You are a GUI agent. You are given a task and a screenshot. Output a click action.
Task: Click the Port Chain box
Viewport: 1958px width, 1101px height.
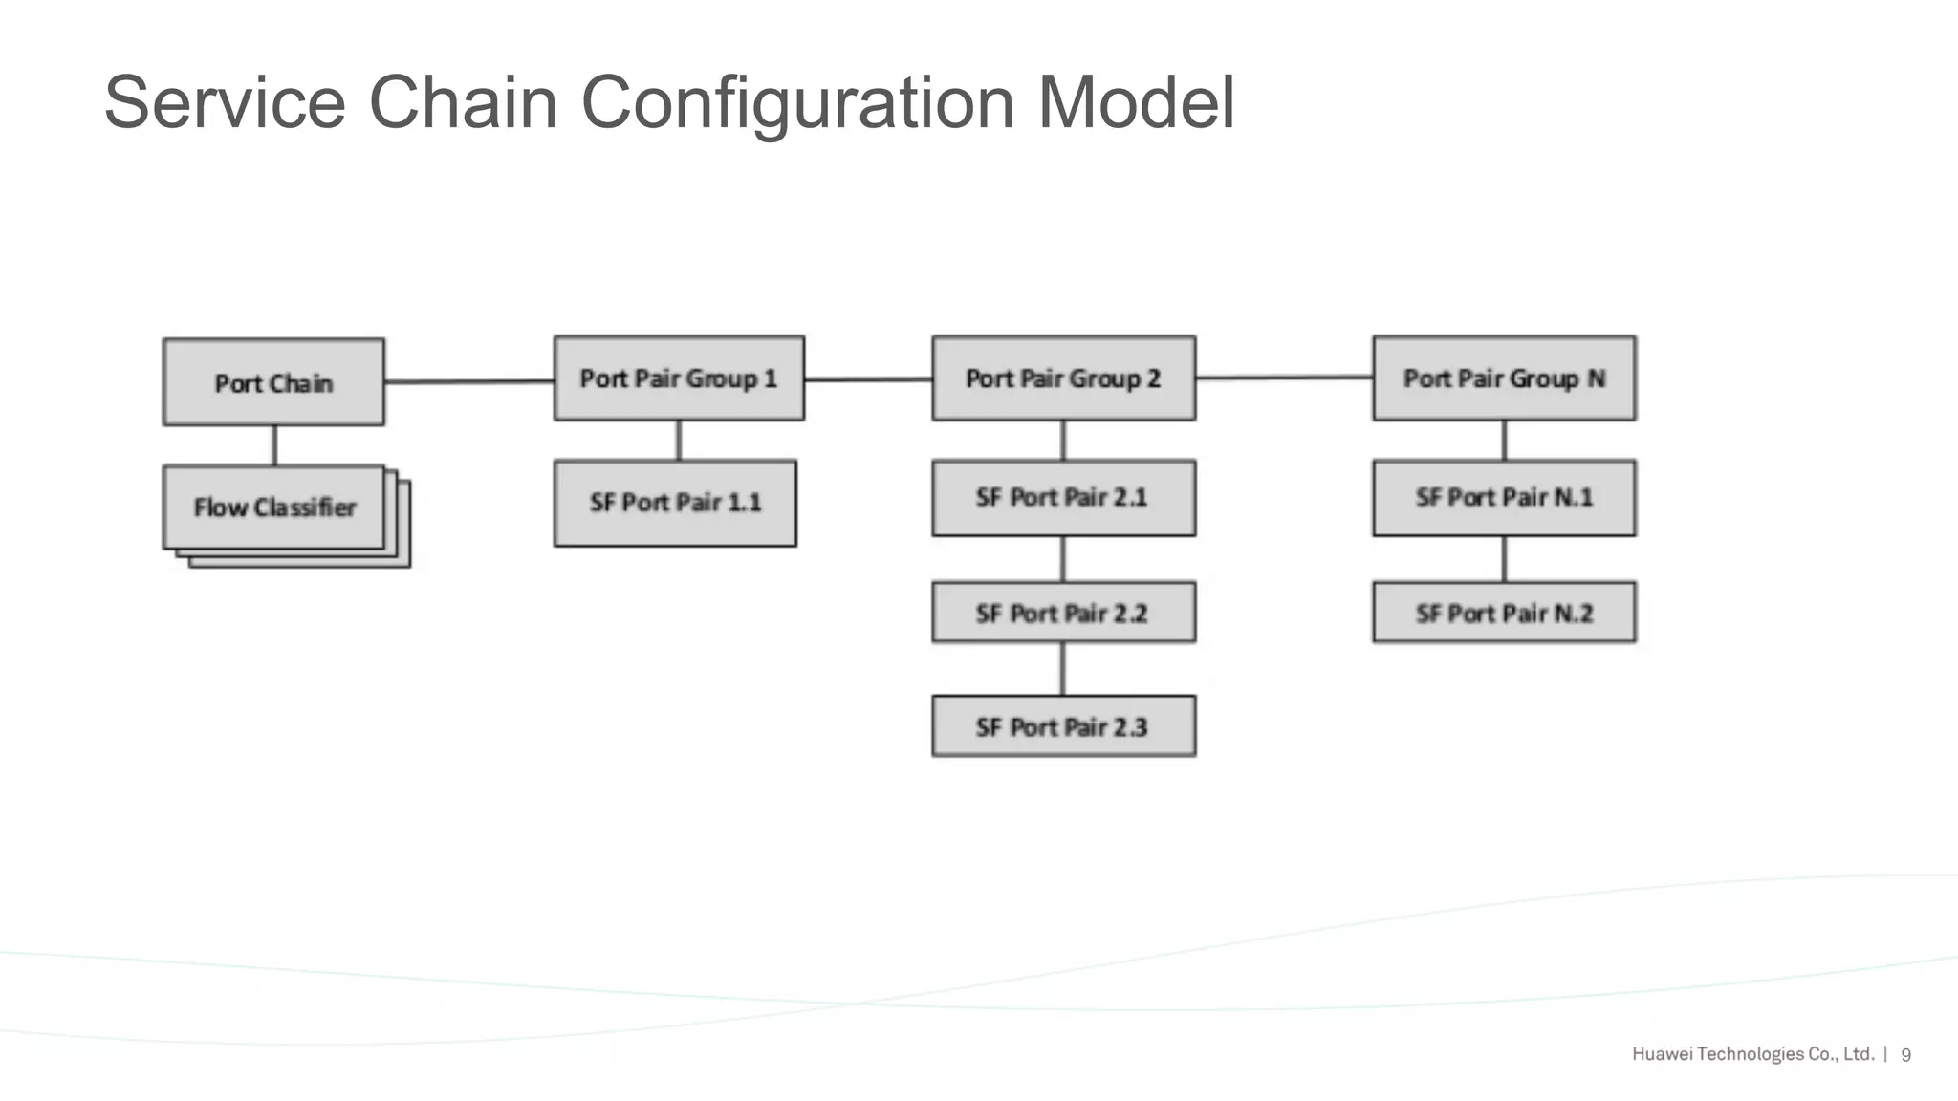pos(273,382)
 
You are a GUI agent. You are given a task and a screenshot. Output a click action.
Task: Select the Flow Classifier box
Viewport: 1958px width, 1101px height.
pos(273,507)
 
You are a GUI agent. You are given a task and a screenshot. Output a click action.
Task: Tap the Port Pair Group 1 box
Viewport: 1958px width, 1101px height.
pos(679,378)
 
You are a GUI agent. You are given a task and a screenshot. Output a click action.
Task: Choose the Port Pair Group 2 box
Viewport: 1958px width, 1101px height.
pos(1063,378)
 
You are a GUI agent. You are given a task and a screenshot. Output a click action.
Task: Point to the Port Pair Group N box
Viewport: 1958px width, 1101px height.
pos(1504,378)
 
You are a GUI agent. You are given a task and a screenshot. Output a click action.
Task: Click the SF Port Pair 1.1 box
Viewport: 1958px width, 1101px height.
pos(675,503)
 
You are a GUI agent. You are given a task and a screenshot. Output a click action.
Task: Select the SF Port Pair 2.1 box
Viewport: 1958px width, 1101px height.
pos(1063,498)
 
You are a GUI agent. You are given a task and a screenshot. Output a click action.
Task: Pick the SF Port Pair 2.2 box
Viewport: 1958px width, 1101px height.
pos(1063,613)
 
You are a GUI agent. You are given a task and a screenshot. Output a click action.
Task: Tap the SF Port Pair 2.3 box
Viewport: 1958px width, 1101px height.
pos(1063,726)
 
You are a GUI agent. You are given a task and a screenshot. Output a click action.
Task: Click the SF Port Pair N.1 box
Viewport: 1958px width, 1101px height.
pos(1504,498)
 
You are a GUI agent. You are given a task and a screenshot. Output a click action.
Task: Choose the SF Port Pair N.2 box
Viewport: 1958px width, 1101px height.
pos(1504,613)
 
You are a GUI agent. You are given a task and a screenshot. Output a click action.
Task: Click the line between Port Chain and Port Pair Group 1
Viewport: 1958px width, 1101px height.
pos(468,381)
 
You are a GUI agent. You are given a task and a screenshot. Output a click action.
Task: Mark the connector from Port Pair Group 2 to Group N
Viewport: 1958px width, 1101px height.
pos(1284,378)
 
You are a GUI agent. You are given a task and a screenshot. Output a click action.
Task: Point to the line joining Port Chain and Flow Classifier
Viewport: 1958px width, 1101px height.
pos(275,445)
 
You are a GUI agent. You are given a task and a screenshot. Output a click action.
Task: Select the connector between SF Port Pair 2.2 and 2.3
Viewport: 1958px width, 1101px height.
pos(1062,669)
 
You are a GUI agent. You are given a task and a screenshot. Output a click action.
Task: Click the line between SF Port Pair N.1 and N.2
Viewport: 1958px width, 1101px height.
pos(1504,559)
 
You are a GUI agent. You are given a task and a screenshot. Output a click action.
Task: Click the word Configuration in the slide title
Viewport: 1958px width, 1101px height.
pos(797,103)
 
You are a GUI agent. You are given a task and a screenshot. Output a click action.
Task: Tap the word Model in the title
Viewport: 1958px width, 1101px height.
pos(1136,103)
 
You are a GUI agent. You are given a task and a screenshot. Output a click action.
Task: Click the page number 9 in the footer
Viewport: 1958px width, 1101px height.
pos(1905,1055)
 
